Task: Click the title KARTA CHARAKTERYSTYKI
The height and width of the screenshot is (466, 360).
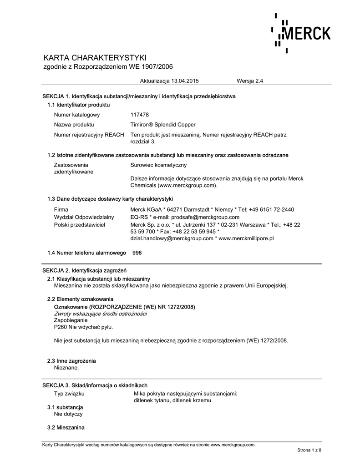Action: point(95,58)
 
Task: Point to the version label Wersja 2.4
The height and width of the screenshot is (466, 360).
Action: point(250,81)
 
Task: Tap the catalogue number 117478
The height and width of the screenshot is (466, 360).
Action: point(140,115)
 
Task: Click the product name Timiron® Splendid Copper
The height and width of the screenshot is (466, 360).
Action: point(163,125)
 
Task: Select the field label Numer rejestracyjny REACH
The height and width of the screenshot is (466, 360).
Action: point(89,135)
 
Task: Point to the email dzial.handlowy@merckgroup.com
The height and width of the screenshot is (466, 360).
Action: point(172,238)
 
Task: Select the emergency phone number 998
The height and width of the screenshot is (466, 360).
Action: point(137,253)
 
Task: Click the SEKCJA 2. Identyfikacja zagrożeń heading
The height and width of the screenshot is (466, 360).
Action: point(84,271)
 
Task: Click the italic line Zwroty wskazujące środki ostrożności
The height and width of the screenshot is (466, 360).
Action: point(100,314)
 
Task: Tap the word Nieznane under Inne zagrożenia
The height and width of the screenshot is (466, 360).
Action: point(66,367)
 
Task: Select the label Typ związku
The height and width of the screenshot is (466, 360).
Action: point(69,393)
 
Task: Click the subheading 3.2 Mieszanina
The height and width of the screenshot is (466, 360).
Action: point(66,428)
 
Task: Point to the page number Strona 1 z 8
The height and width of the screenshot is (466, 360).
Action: point(309,450)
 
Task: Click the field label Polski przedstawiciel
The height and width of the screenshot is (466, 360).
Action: point(80,225)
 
